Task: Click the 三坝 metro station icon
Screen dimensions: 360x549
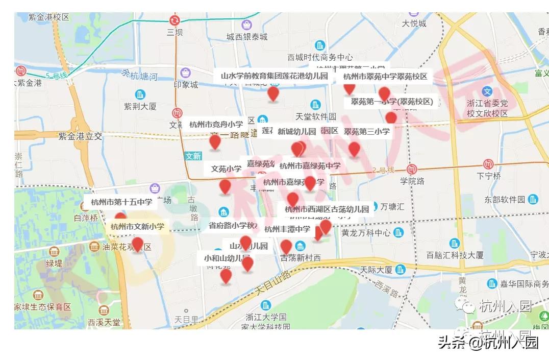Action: pyautogui.click(x=175, y=20)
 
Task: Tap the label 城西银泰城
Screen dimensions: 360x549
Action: pyautogui.click(x=247, y=37)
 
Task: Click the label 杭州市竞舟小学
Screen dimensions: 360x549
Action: pyautogui.click(x=216, y=124)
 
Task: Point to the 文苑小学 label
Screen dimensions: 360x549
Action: pyautogui.click(x=227, y=169)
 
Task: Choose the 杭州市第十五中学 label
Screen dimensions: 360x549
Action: pyautogui.click(x=121, y=202)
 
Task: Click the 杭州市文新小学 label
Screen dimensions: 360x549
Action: pyautogui.click(x=137, y=226)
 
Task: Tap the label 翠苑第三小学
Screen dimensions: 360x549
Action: pyautogui.click(x=366, y=131)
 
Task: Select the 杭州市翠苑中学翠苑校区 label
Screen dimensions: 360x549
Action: pyautogui.click(x=385, y=77)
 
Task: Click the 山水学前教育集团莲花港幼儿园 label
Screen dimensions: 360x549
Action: pyautogui.click(x=274, y=76)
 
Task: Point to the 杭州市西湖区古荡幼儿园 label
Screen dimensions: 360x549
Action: pyautogui.click(x=327, y=209)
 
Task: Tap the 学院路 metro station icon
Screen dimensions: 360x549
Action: pyautogui.click(x=412, y=170)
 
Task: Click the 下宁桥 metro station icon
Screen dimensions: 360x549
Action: pyautogui.click(x=489, y=164)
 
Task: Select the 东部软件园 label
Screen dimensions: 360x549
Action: pyautogui.click(x=505, y=199)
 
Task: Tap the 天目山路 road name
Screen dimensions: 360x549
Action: pyautogui.click(x=273, y=282)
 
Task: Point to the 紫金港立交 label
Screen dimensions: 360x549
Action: pyautogui.click(x=80, y=136)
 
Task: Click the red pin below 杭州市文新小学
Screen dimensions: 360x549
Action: pyautogui.click(x=137, y=244)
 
